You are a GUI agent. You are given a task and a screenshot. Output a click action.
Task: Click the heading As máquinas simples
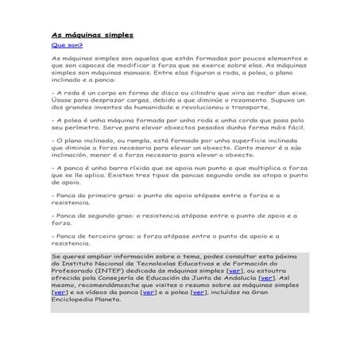pos(92,36)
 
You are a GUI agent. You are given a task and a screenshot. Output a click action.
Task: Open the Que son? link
pos(67,46)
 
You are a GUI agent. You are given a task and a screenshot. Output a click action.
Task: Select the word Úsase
pos(62,99)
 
